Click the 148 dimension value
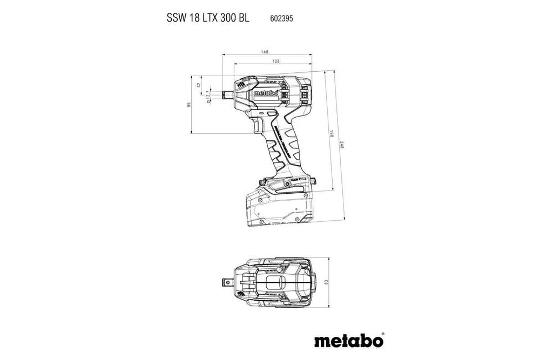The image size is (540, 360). coord(265,52)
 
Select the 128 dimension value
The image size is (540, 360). coord(275,62)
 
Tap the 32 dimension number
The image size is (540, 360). coord(199,85)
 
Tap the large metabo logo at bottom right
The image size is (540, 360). coord(348,341)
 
